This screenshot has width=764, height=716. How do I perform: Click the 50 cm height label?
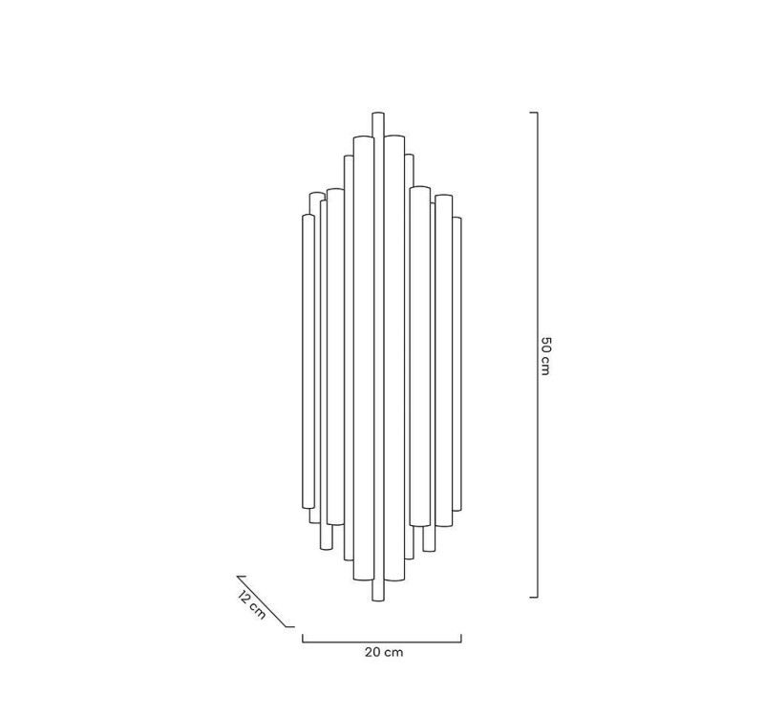tap(545, 355)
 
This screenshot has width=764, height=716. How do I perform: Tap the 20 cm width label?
tap(383, 653)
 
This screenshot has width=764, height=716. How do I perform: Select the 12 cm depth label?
tap(251, 605)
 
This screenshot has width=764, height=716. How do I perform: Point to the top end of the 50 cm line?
tap(536, 114)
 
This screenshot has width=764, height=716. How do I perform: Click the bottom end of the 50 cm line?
tap(536, 598)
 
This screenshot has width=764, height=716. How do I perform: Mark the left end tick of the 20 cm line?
tap(303, 638)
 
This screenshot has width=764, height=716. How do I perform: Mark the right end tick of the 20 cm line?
tap(461, 638)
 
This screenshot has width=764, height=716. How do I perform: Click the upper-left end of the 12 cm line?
tap(239, 577)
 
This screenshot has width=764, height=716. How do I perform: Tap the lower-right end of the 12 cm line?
tap(291, 626)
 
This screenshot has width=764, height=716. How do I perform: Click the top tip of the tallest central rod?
tap(378, 115)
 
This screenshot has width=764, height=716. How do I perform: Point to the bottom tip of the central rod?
tap(378, 600)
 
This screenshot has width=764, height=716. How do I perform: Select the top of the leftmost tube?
tap(308, 216)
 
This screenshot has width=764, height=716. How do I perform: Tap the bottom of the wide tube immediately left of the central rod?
tap(362, 581)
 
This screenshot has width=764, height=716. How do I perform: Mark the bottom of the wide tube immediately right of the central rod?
tap(395, 581)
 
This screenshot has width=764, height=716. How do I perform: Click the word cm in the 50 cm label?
tap(545, 365)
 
